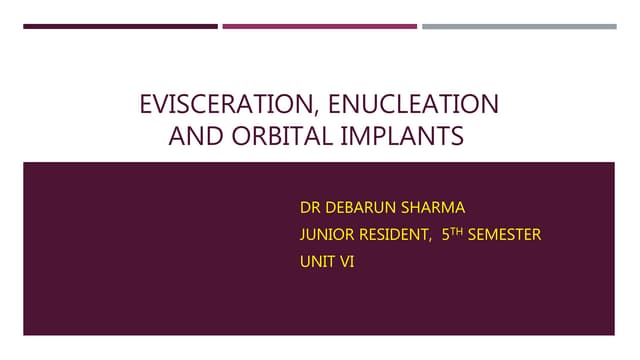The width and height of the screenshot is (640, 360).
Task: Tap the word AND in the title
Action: pos(192,135)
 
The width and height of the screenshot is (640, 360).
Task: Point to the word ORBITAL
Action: pos(272,135)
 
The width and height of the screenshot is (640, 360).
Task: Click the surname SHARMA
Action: pos(432,209)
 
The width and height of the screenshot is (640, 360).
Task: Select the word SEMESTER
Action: pos(504,236)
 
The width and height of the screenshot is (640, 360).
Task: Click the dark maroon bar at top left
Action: pos(120,27)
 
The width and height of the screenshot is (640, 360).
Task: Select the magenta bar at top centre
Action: pos(319,27)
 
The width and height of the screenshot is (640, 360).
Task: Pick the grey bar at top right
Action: pos(519,27)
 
